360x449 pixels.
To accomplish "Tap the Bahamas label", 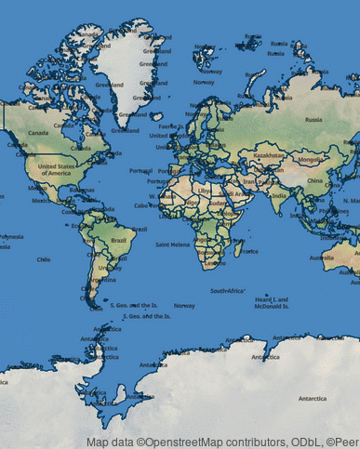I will (x=82, y=190).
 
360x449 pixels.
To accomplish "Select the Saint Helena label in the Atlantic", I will (x=173, y=244).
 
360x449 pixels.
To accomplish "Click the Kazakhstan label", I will (x=269, y=155).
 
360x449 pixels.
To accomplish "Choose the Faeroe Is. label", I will (x=168, y=126).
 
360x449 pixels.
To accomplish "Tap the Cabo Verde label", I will (x=146, y=205).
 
